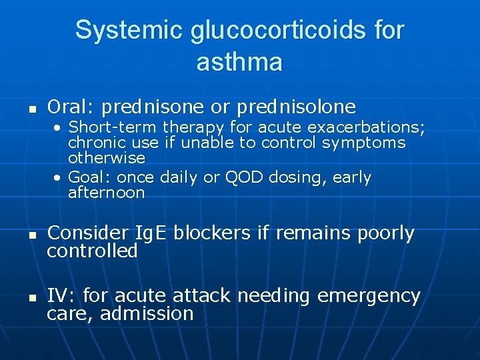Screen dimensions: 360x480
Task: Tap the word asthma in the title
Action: [239, 62]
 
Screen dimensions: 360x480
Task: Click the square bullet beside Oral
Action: [29, 107]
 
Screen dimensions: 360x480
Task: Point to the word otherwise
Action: [107, 158]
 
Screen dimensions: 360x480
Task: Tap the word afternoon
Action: [107, 193]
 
